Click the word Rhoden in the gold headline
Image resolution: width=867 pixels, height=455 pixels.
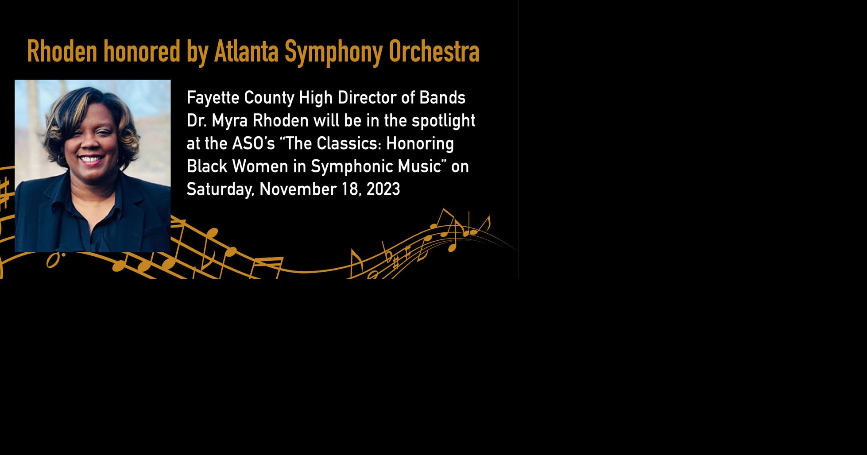pos(62,51)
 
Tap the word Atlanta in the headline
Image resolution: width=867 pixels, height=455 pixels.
pos(246,51)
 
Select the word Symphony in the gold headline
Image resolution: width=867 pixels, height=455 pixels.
pos(333,52)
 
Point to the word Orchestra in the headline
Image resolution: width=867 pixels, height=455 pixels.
pos(434,51)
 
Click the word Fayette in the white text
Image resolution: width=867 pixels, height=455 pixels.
pos(213,98)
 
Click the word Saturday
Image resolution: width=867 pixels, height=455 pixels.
pos(220,189)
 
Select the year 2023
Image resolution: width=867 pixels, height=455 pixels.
pos(383,189)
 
